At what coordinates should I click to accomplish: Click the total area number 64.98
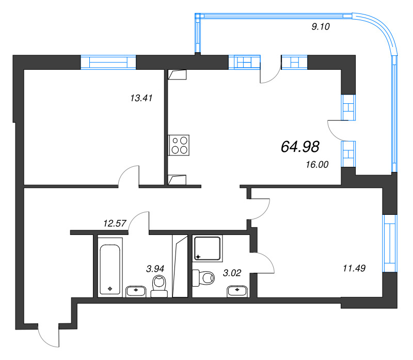coord(300,147)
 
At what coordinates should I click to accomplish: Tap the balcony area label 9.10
coord(320,28)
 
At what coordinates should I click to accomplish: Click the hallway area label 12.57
coord(115,223)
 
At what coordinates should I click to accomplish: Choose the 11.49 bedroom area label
coord(354,268)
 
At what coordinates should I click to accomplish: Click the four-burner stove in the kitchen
coord(179,145)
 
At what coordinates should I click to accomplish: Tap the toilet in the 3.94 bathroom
coord(159,286)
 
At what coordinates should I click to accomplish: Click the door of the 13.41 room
coord(129,176)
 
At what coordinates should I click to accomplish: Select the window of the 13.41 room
coord(108,62)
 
